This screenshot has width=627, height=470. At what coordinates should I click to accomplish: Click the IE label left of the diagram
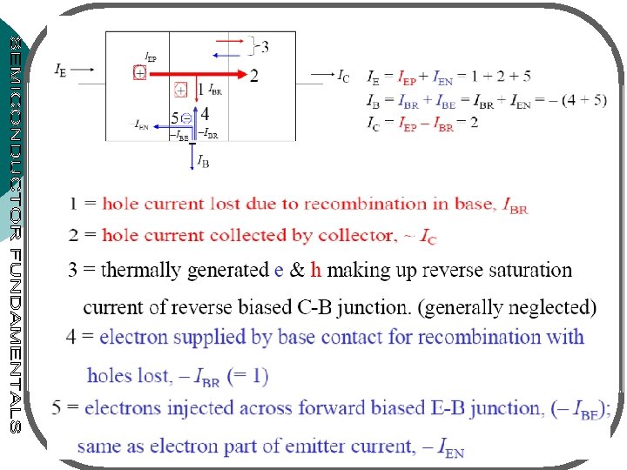pos(60,70)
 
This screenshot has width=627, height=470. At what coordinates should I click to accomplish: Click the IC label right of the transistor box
pos(345,76)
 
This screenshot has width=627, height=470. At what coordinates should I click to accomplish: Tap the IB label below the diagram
pos(202,161)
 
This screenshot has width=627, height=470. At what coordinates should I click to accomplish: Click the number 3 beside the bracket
pos(264,45)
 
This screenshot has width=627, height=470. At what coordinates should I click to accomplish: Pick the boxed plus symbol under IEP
pos(139,74)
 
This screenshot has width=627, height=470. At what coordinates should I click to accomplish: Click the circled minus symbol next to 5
pos(186,117)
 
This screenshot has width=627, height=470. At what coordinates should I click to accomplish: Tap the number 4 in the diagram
pos(205,113)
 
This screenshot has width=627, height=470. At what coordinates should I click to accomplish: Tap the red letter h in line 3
pos(316,270)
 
